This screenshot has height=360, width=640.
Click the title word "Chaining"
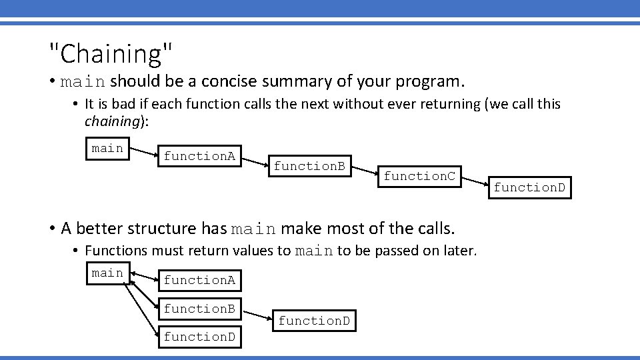pyautogui.click(x=111, y=53)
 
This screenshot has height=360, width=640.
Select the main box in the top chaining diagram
pyautogui.click(x=107, y=149)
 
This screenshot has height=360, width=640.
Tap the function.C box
pyautogui.click(x=419, y=176)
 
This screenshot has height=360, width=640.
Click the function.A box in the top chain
pyautogui.click(x=199, y=157)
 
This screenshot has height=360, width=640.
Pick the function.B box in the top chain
pyautogui.click(x=309, y=166)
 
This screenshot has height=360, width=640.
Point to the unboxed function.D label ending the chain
pyautogui.click(x=529, y=188)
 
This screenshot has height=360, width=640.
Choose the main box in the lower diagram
pyautogui.click(x=107, y=273)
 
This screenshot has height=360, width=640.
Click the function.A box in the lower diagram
pyautogui.click(x=199, y=281)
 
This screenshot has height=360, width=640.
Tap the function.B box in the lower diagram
pyautogui.click(x=199, y=309)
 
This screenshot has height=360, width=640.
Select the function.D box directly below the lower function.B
pyautogui.click(x=199, y=337)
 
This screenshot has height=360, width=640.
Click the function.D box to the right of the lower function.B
pyautogui.click(x=313, y=321)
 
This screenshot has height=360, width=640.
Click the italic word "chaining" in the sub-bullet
pyautogui.click(x=111, y=121)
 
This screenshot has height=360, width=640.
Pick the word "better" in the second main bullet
pyautogui.click(x=101, y=229)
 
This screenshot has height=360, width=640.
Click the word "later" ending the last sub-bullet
pyautogui.click(x=460, y=251)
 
